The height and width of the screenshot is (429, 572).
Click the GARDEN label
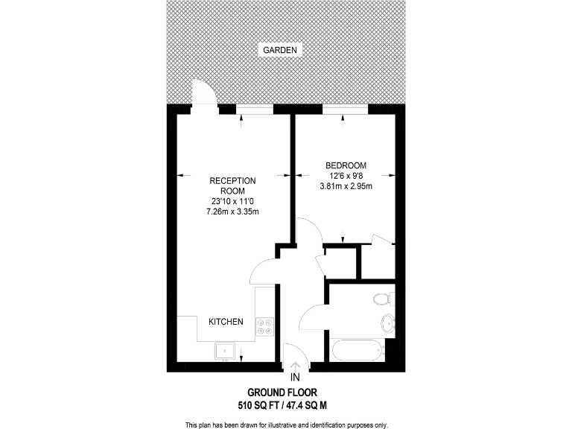(x=279, y=51)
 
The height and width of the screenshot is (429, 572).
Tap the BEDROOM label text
(x=346, y=165)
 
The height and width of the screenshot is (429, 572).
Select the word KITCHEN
(x=226, y=322)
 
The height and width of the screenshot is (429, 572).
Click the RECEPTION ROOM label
(x=232, y=185)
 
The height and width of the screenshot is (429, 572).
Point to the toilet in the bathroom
(x=381, y=299)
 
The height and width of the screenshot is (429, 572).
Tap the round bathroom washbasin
(x=387, y=324)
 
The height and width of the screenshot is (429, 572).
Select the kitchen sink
(x=224, y=349)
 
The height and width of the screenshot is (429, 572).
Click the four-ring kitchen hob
(x=264, y=326)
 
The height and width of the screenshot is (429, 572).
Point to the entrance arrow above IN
(x=296, y=366)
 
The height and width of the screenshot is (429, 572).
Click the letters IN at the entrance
(x=296, y=377)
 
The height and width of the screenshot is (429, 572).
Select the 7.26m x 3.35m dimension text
(x=232, y=212)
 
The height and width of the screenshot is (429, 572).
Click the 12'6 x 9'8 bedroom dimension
(x=346, y=176)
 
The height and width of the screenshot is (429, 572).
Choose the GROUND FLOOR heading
(x=287, y=393)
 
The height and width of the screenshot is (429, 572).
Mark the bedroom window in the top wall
(x=346, y=110)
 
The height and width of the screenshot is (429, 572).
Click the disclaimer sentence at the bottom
(x=286, y=425)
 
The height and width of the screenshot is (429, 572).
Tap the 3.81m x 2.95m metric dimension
(x=346, y=186)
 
